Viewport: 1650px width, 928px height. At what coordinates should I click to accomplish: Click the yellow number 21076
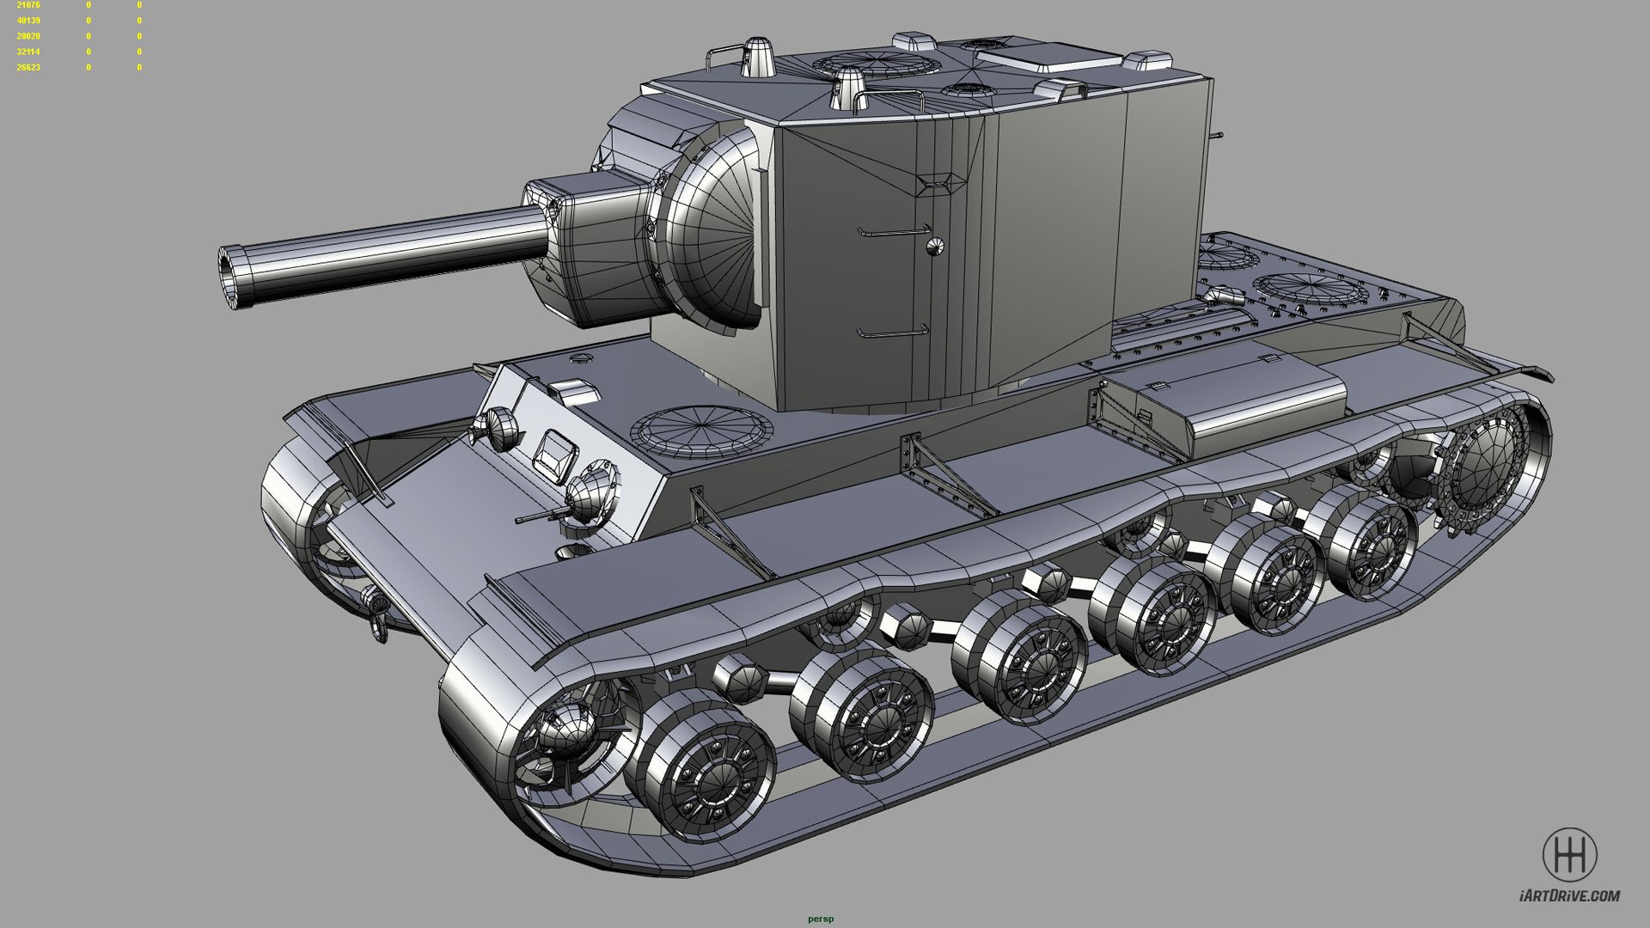[28, 5]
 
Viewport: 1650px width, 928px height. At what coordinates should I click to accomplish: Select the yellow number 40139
[28, 21]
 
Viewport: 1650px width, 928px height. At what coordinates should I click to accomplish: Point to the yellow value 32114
[28, 52]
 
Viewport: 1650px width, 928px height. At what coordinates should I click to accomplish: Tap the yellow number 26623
[28, 67]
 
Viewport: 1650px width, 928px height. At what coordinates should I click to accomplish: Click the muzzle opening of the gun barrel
[229, 276]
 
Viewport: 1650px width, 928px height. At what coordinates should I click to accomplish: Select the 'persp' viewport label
[821, 919]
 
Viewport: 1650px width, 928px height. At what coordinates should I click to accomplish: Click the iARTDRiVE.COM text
[1569, 896]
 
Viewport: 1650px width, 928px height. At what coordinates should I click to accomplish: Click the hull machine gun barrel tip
[518, 521]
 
